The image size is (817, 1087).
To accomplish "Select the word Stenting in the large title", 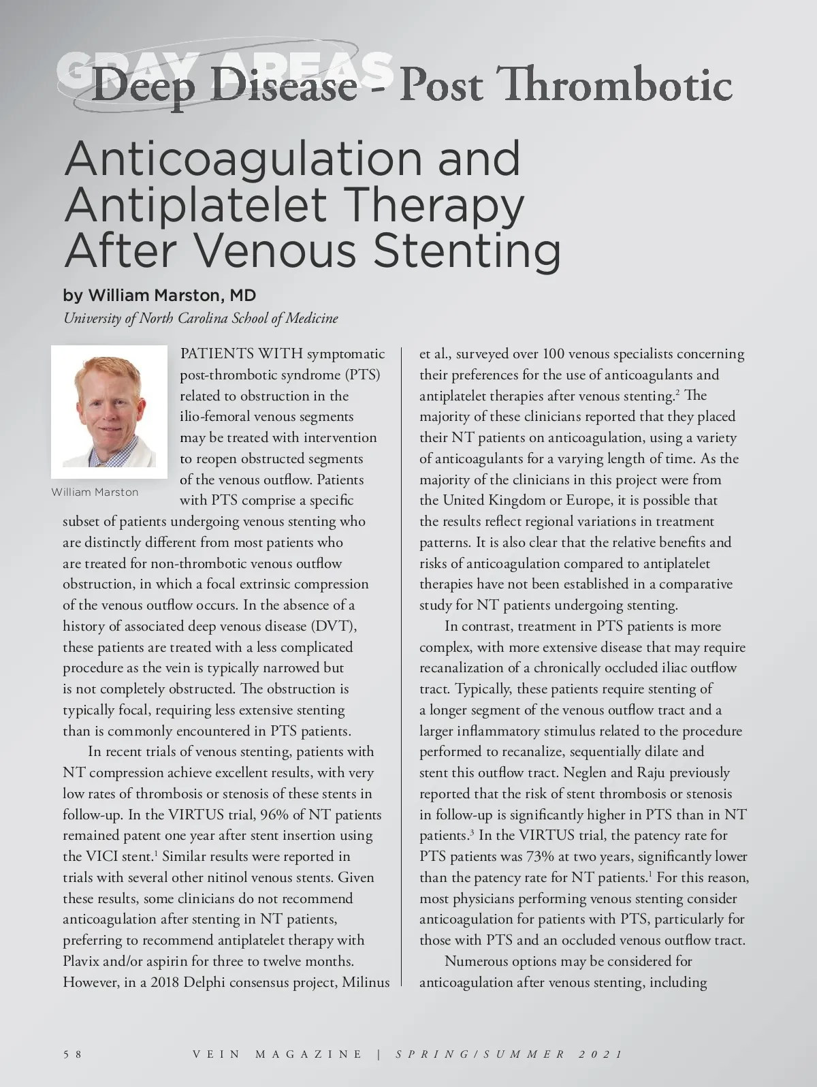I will (x=467, y=251).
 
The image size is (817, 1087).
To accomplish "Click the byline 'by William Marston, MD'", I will (x=159, y=295).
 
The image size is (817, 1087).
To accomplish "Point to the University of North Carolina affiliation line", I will (x=200, y=318).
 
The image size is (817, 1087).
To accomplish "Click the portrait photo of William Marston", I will (x=109, y=411).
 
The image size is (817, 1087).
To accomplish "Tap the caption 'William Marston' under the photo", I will (x=95, y=492).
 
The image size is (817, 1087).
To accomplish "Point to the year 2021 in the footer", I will (x=600, y=1054).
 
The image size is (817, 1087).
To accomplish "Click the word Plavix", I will (x=84, y=961).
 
